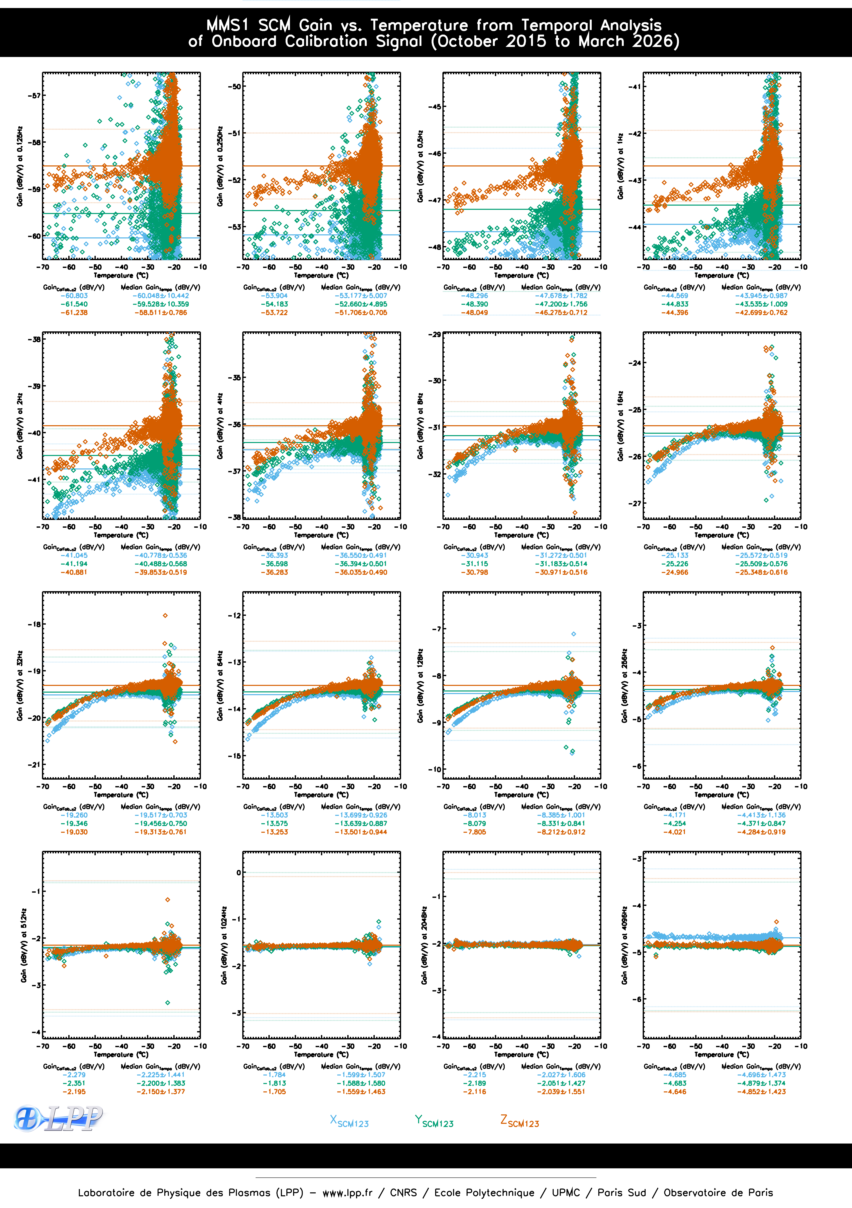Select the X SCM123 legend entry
[349, 1121]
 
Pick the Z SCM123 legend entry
[519, 1121]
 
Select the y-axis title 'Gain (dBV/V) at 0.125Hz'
[19, 166]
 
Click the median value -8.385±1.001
[561, 815]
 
